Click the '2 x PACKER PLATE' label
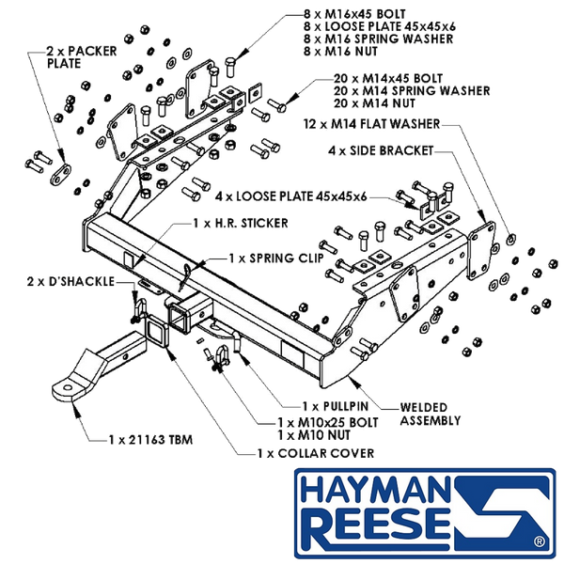(82, 57)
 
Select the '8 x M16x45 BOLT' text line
(354, 14)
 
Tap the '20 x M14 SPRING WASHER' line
(412, 90)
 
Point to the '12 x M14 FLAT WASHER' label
(371, 124)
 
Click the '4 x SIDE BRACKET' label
(381, 150)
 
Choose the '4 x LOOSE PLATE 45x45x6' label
(291, 196)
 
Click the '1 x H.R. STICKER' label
(241, 223)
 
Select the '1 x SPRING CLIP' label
(276, 258)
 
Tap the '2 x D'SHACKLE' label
(70, 281)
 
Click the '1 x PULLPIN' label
(336, 406)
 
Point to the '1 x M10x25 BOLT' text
(328, 422)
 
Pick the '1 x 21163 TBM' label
(150, 440)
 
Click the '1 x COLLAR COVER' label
(316, 453)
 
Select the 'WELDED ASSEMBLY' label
(431, 414)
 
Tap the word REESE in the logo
(375, 528)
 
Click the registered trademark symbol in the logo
(540, 541)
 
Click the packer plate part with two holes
(60, 175)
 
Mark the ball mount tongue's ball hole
(68, 388)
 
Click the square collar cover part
(157, 331)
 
